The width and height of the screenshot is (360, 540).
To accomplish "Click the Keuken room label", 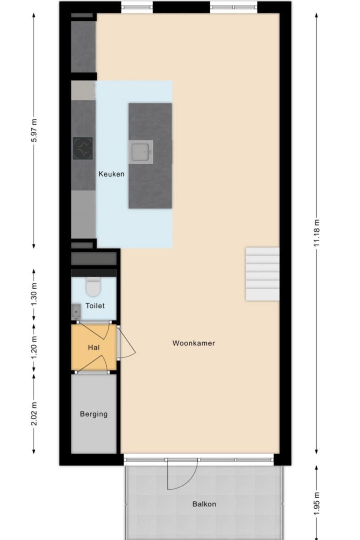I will (111, 174).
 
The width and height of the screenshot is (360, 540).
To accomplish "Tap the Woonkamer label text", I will (193, 343).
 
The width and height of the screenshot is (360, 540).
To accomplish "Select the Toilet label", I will (95, 306).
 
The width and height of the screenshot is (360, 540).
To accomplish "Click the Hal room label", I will (94, 348).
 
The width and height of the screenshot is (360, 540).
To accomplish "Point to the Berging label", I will (94, 414).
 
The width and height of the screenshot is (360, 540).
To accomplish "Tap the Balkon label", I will (204, 504).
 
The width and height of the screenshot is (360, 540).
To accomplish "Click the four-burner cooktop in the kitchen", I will (83, 148).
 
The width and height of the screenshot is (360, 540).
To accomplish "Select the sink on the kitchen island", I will (141, 152).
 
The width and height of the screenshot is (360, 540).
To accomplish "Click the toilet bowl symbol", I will (93, 288).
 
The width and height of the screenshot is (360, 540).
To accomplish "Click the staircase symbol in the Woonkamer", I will (262, 274).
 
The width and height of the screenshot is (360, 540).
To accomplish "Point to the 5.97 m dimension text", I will (34, 130).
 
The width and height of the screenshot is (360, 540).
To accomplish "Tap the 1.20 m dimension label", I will (34, 348).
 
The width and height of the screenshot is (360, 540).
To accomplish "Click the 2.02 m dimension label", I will (34, 414).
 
